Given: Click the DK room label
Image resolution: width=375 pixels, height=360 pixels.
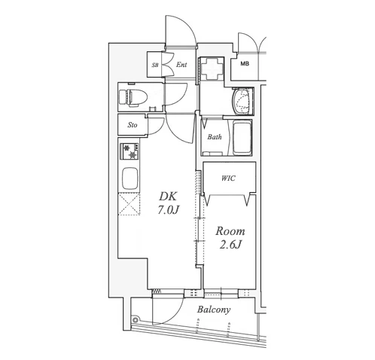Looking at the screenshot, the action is tap(168, 197).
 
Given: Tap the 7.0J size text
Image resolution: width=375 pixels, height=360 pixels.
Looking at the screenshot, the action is tap(168, 209).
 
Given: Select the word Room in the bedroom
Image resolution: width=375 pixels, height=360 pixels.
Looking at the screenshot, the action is tap(230, 231).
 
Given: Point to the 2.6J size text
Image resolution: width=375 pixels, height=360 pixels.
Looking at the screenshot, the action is tap(230, 245).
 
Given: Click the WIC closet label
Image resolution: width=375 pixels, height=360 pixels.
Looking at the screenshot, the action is tap(228, 178).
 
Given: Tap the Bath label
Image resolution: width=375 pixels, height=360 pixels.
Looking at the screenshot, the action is tap(215, 137).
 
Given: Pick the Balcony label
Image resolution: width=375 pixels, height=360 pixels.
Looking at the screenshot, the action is tap(214, 310).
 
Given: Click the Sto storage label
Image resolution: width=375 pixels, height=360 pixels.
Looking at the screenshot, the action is tap(133, 125).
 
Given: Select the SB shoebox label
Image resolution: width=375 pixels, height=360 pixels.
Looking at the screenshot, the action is tap(155, 65).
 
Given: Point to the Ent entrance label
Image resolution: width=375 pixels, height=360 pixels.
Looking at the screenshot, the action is tap(181, 65).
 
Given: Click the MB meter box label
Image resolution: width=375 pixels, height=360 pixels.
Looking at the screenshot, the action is tap(245, 64).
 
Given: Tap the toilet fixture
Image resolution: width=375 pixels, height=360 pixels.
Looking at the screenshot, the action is tap(133, 97).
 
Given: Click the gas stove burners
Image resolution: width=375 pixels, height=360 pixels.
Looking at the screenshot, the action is tap(130, 151).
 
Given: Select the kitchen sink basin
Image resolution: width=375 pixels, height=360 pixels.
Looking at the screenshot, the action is tap(130, 178).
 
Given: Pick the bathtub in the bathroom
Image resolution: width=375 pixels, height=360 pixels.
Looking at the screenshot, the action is tap(242, 138).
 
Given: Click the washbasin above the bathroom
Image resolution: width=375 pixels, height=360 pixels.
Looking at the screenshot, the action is tap(242, 102).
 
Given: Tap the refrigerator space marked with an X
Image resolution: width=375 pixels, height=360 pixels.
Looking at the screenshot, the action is tap(129, 204).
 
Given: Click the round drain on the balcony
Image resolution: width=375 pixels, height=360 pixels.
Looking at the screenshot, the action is tap(136, 319).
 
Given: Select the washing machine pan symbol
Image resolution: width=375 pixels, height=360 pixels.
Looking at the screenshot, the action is tap(212, 69).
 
